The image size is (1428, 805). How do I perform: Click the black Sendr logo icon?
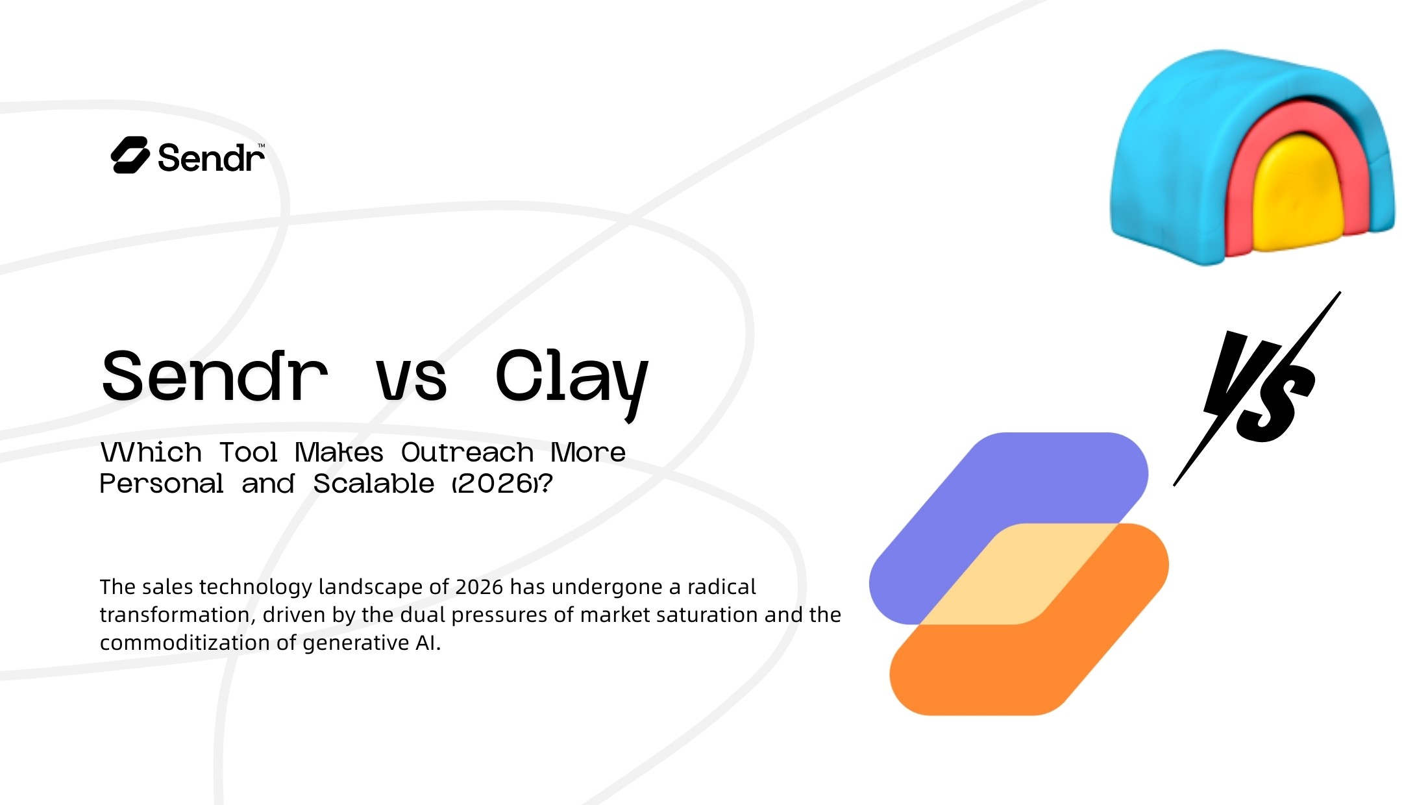(x=130, y=156)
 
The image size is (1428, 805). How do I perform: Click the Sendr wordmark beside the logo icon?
(x=211, y=158)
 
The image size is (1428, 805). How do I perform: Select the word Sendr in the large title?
(x=215, y=377)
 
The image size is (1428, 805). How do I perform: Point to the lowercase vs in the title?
(x=412, y=380)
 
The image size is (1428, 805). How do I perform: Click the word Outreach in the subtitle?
(x=467, y=452)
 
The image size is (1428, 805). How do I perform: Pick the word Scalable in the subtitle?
(x=374, y=484)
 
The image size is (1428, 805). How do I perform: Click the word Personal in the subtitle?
(x=162, y=484)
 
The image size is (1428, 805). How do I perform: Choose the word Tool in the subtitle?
(x=249, y=452)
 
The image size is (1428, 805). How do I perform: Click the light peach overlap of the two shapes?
(x=1019, y=575)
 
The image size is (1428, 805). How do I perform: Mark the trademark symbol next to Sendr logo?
(x=262, y=145)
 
